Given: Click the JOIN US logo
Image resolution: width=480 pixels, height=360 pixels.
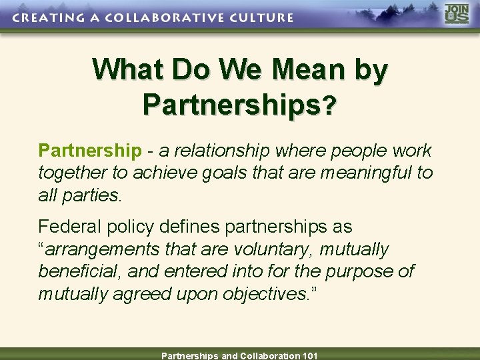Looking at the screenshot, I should pyautogui.click(x=457, y=15).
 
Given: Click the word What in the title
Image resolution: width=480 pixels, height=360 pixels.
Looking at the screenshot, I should pyautogui.click(x=129, y=69).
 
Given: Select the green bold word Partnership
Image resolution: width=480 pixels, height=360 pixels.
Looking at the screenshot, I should pyautogui.click(x=90, y=151).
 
